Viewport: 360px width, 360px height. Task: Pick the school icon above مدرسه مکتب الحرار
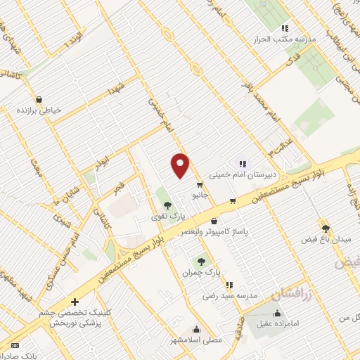(x=284, y=28)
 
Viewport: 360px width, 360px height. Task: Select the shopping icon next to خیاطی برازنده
(x=38, y=98)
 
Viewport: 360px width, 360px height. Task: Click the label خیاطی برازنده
(x=40, y=110)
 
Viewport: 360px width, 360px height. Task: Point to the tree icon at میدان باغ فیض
(x=325, y=228)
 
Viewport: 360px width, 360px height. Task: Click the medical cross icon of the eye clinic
(x=75, y=302)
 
